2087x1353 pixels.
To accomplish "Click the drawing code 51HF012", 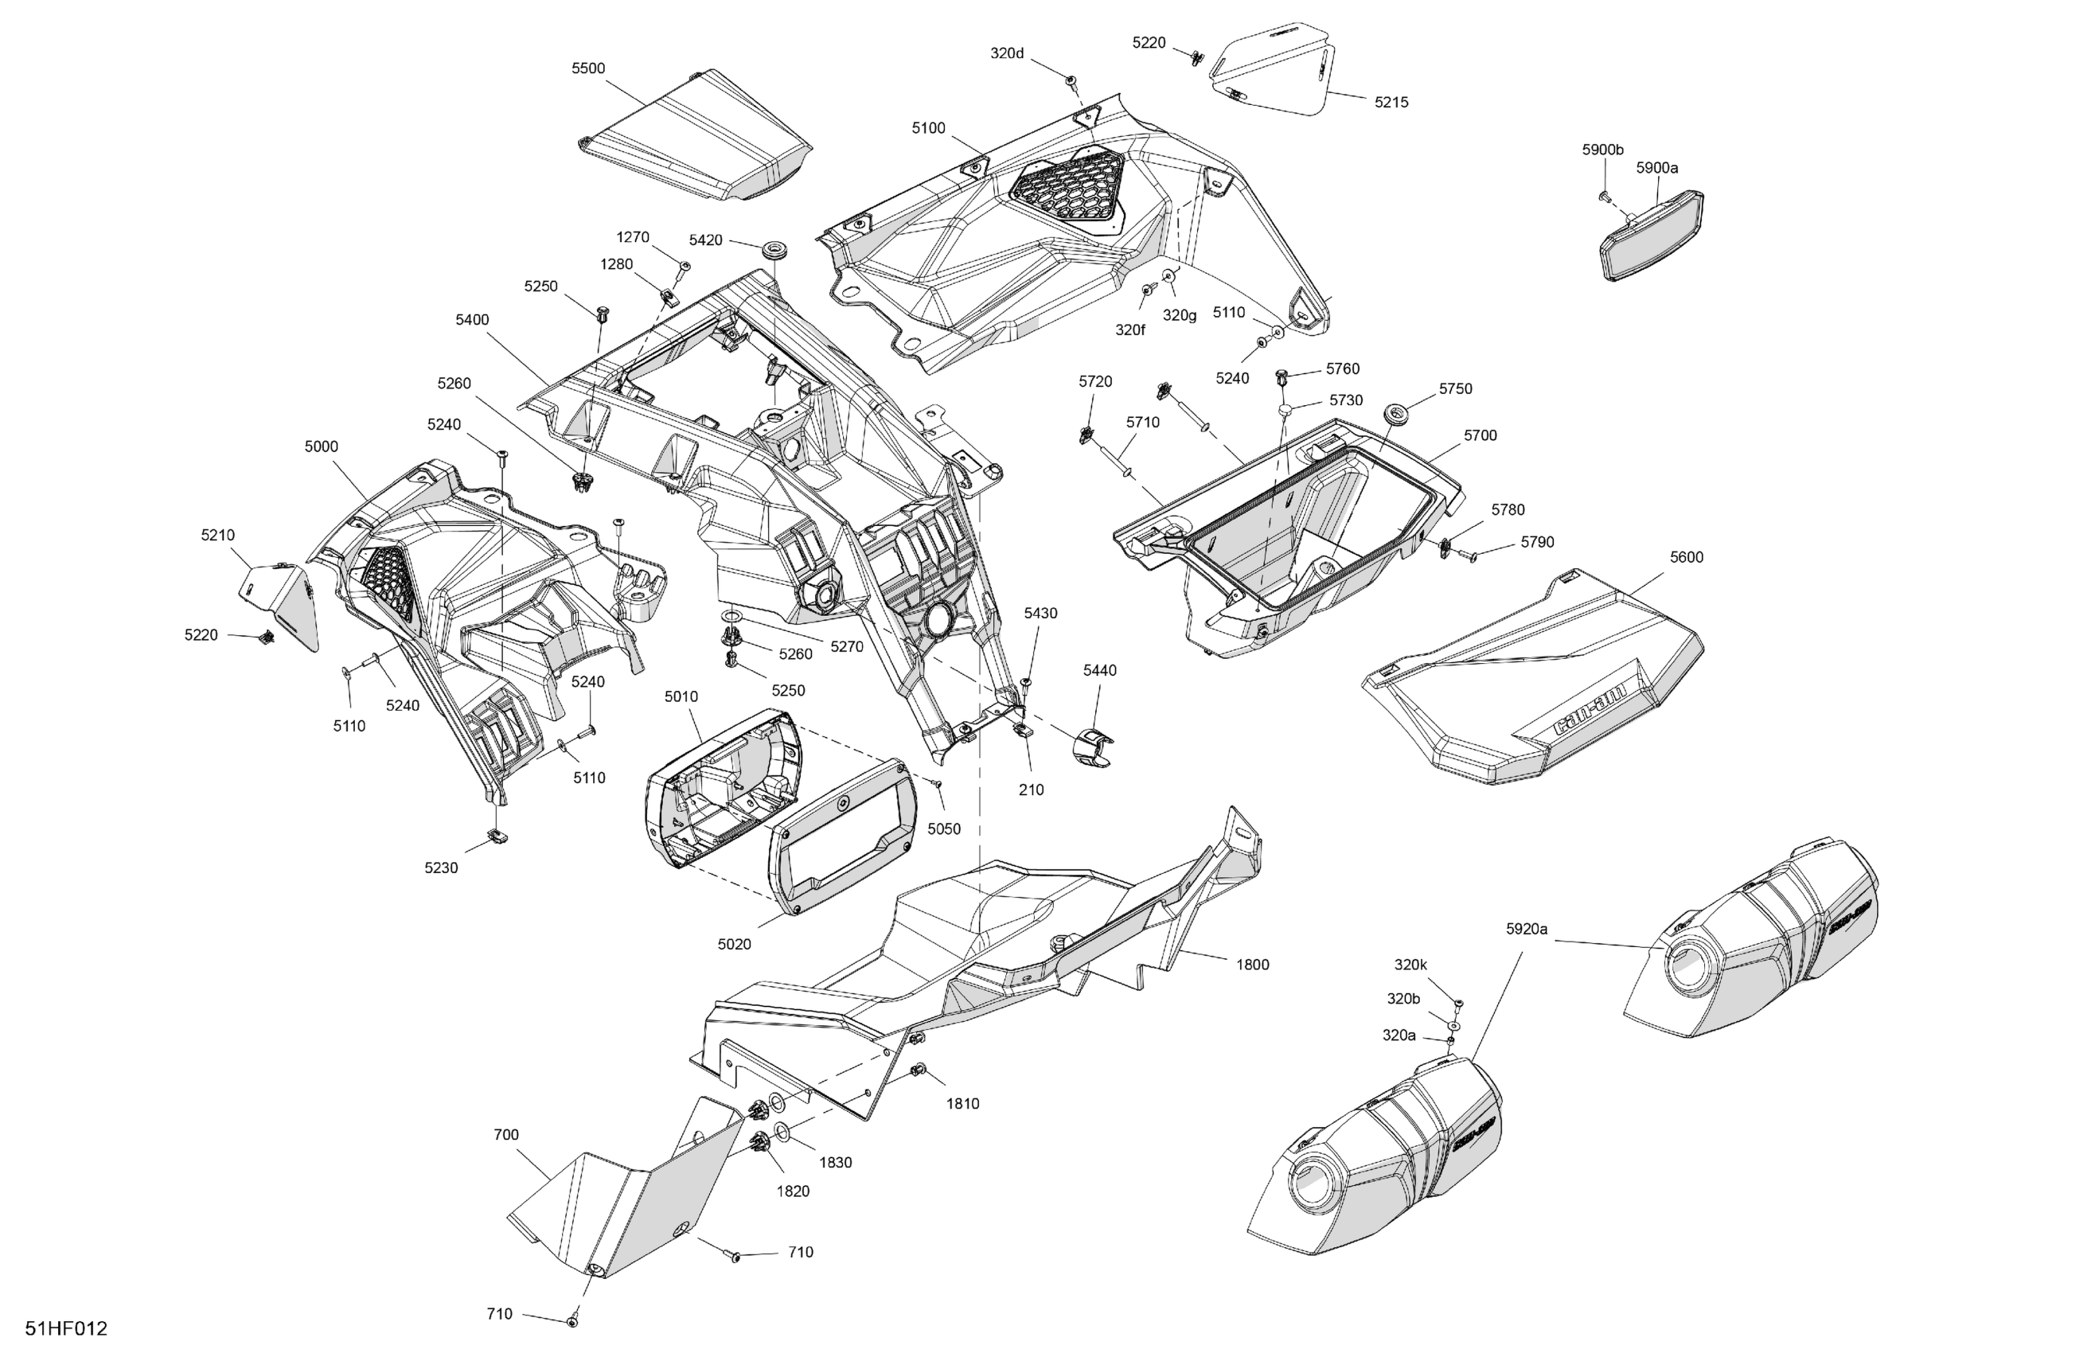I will pos(66,1328).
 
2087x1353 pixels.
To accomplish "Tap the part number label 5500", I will pos(587,68).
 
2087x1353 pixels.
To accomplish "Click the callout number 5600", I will pos(1687,557).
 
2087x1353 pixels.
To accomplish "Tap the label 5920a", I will pos(1527,929).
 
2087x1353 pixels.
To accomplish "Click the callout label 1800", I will pos(1252,965).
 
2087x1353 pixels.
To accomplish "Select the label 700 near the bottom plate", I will pos(506,1135).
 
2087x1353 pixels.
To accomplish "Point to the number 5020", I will pos(734,945).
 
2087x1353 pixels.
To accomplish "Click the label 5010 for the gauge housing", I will pos(681,696).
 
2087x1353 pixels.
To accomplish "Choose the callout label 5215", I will pos(1391,102).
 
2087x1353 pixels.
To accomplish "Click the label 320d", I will pos(1007,53).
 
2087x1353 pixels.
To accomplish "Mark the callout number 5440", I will pos(1100,670).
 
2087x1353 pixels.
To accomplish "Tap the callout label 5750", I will pos(1456,388).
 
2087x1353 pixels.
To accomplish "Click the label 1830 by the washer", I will pos(835,1162).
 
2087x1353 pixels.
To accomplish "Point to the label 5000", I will pos(321,446).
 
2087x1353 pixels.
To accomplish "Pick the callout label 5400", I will pos(472,320).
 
